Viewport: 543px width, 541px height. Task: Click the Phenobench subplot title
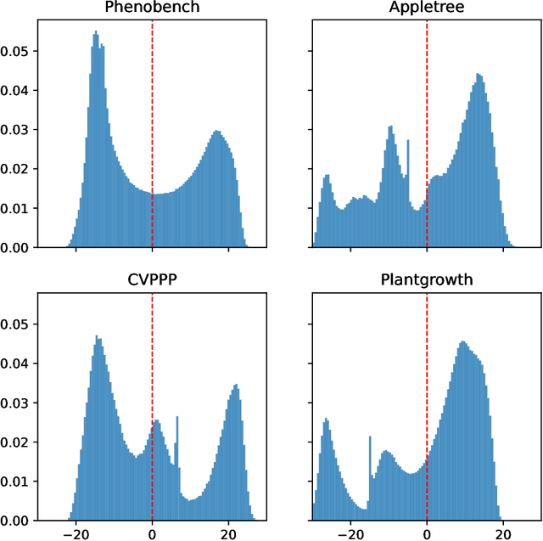[x=152, y=8]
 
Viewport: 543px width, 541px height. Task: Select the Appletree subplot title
[x=427, y=8]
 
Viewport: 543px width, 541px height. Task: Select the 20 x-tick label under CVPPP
[x=228, y=535]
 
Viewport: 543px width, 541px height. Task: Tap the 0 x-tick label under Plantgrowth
[x=427, y=535]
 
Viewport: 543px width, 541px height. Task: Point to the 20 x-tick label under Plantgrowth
[x=503, y=535]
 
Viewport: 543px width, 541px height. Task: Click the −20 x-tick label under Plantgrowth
[x=348, y=535]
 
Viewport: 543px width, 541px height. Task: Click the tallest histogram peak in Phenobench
[x=95, y=34]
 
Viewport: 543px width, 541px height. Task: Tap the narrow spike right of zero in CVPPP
[x=176, y=419]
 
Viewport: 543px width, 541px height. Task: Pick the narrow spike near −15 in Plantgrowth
[x=369, y=438]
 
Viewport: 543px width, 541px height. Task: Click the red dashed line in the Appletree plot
[x=427, y=102]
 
